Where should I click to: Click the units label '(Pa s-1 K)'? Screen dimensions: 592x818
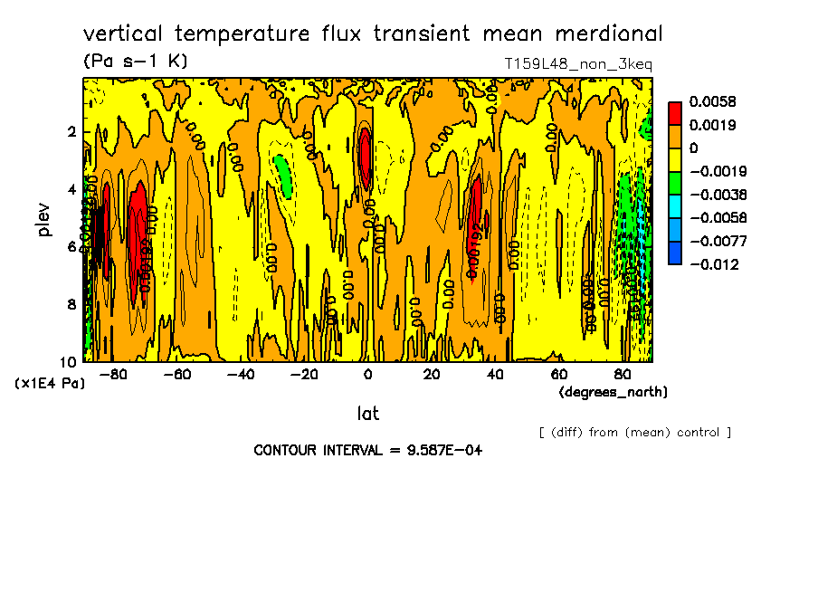point(135,62)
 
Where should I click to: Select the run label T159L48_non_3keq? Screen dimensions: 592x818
point(578,64)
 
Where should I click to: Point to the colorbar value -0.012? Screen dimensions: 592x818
point(714,264)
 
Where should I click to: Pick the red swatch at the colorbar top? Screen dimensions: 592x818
point(674,112)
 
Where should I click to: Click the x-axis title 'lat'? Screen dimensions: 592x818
point(367,414)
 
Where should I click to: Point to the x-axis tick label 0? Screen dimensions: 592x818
point(367,375)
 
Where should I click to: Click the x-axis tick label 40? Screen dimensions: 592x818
point(495,375)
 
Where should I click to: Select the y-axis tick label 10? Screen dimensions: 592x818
point(68,360)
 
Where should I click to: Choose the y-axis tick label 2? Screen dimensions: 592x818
point(71,132)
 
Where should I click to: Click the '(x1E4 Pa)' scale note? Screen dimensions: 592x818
point(51,384)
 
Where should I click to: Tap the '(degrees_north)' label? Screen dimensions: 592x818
point(613,392)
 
